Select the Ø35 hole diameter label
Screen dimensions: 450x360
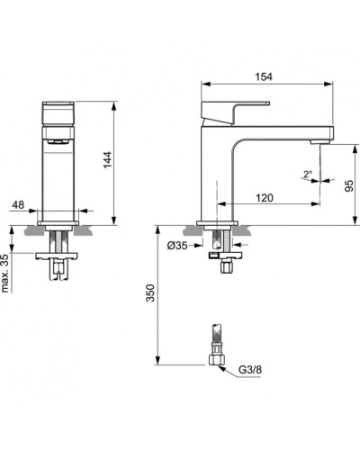point(181,246)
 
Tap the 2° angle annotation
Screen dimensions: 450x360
point(308,174)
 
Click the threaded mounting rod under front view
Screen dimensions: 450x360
point(61,244)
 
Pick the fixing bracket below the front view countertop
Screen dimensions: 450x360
point(61,262)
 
